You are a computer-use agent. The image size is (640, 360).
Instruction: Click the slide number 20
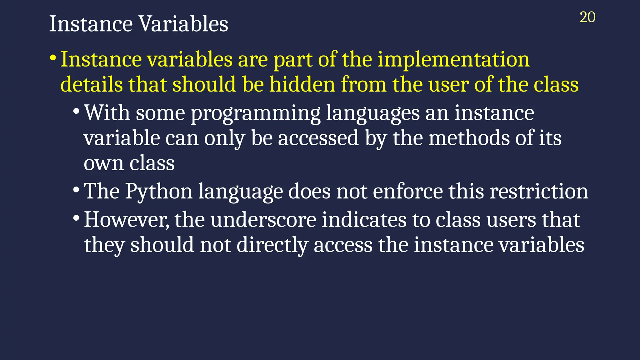click(x=587, y=17)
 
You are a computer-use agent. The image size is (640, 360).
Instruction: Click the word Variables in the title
click(x=183, y=24)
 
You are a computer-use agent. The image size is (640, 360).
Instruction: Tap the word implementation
click(x=453, y=60)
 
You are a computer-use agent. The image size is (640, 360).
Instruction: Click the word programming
click(x=256, y=113)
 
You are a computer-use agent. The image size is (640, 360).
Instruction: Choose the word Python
click(x=159, y=192)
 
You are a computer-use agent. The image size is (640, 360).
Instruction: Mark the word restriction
click(x=539, y=192)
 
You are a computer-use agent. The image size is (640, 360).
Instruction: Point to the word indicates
click(x=364, y=220)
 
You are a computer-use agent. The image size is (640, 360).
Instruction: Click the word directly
click(x=272, y=245)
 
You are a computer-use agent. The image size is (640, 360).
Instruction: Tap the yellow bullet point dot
click(x=53, y=58)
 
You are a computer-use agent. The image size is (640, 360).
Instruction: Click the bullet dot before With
click(x=76, y=112)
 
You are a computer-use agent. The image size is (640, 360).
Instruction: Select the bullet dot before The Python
click(x=76, y=190)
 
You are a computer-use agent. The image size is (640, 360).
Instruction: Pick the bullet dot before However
click(x=76, y=218)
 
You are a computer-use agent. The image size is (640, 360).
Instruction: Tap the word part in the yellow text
click(x=293, y=60)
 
